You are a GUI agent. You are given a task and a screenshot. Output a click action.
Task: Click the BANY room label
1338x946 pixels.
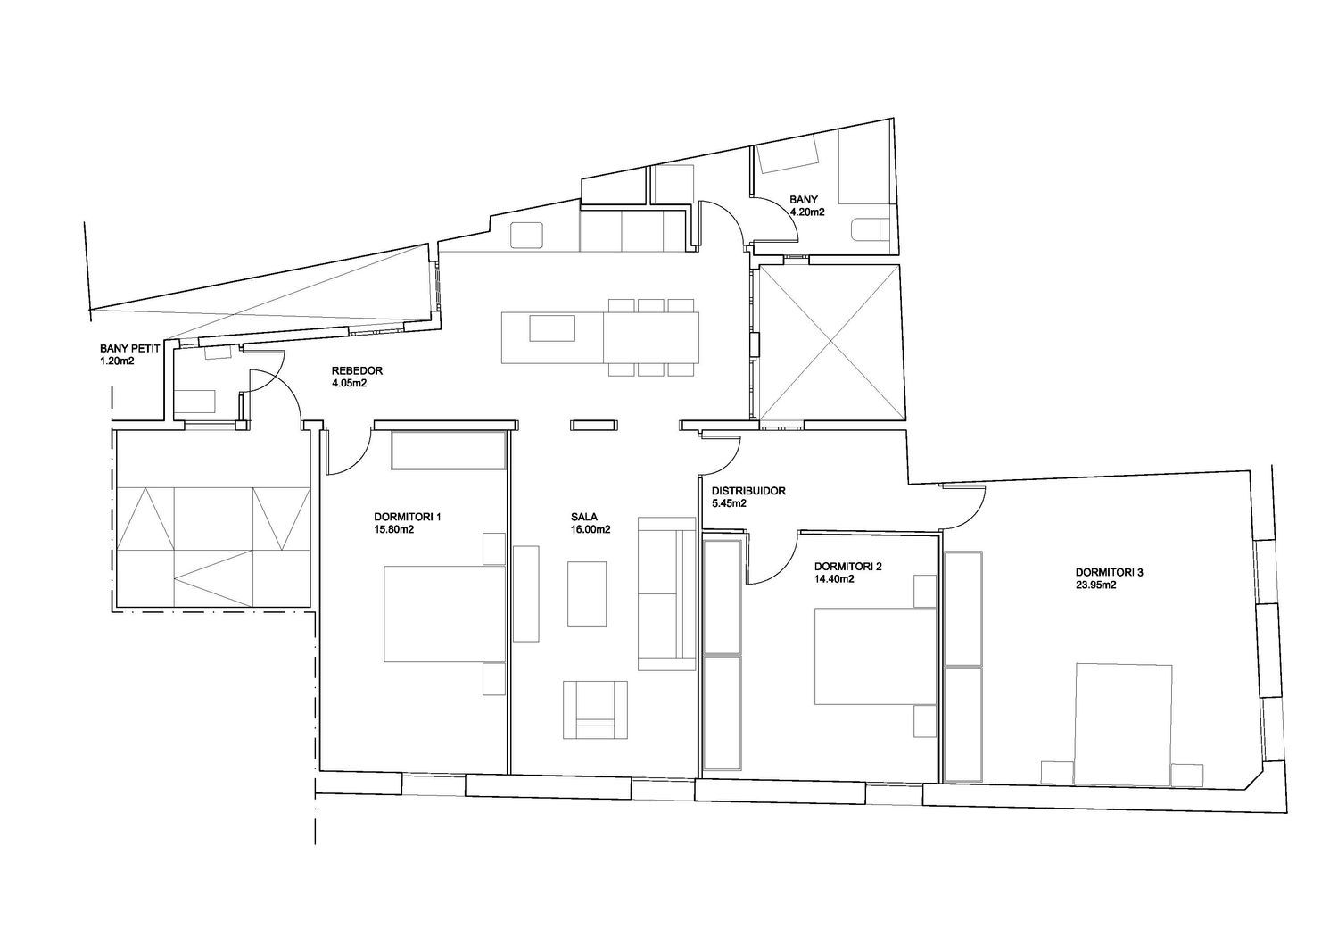(x=804, y=199)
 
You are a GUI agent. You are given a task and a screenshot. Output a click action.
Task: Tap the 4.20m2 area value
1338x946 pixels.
(x=807, y=212)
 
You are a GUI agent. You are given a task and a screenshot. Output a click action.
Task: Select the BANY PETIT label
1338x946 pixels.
(x=130, y=348)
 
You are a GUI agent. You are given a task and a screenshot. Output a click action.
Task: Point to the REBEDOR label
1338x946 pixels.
(x=357, y=370)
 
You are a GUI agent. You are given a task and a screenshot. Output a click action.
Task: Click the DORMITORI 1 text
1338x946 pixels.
(x=408, y=517)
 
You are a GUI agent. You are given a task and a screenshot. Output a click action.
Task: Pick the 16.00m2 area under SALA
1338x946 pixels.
(x=591, y=529)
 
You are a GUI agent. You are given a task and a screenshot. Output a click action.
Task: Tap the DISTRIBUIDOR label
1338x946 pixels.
(x=748, y=491)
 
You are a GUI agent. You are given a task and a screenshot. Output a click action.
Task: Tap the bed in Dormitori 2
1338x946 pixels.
(x=875, y=656)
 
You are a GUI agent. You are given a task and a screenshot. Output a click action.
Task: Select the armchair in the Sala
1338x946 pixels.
(x=596, y=710)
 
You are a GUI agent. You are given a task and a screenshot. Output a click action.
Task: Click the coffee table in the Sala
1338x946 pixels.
(x=587, y=594)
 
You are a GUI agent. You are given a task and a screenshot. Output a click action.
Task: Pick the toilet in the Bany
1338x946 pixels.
(x=868, y=230)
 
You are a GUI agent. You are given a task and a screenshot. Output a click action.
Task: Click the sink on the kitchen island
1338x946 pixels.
(x=552, y=328)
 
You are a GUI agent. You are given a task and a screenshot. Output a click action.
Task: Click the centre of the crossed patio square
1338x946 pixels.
(x=830, y=344)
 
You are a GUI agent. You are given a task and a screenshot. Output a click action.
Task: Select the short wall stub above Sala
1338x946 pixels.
(x=593, y=425)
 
